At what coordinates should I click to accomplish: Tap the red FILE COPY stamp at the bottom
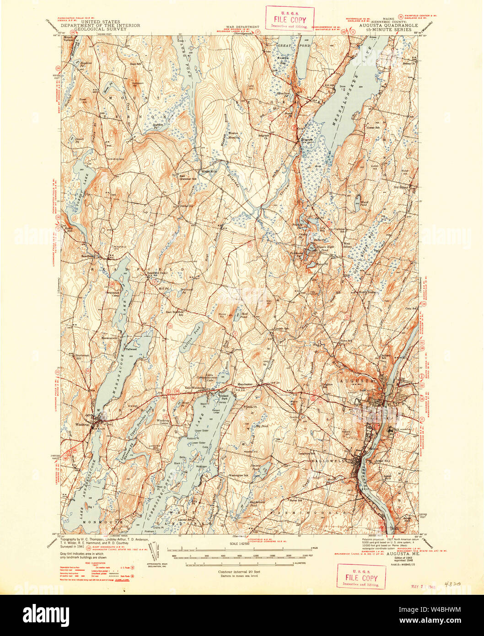361,577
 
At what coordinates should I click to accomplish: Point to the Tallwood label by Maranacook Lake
131,349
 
